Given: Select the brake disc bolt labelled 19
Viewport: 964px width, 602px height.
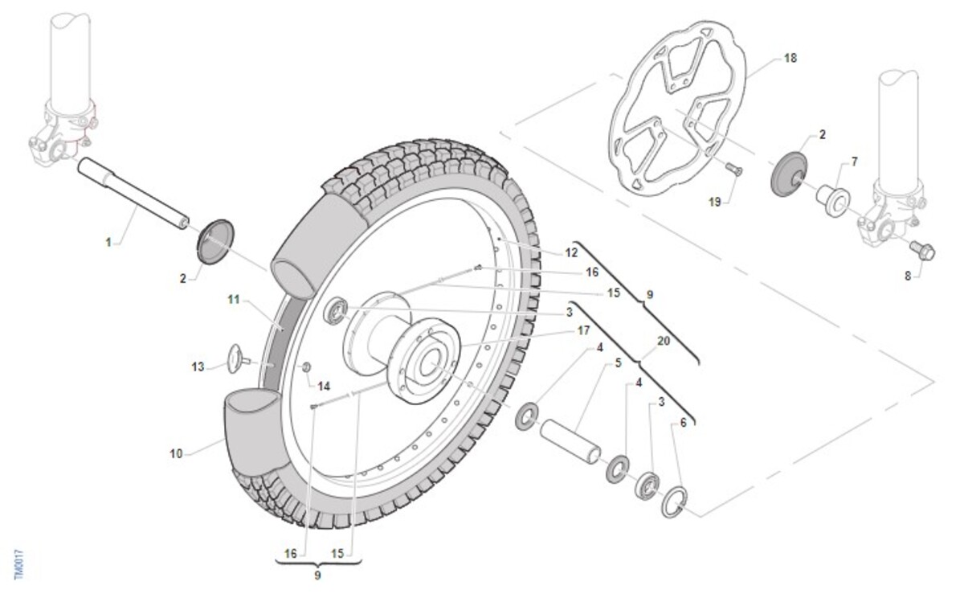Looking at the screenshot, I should (732, 169).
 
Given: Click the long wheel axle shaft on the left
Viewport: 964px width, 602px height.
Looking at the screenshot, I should (133, 194).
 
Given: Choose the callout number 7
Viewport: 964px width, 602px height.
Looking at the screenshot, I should (853, 162).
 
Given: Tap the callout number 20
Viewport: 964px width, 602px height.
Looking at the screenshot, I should (663, 341).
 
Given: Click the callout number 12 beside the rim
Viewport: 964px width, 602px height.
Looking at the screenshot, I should (571, 252).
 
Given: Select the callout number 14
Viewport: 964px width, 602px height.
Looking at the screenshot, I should (324, 385).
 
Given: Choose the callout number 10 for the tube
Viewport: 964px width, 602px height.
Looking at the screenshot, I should (177, 454).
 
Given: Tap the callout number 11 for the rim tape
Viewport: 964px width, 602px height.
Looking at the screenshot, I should (234, 300).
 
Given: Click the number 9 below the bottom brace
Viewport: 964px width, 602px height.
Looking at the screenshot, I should (317, 575).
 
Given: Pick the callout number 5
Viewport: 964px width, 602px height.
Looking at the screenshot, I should (618, 362).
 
